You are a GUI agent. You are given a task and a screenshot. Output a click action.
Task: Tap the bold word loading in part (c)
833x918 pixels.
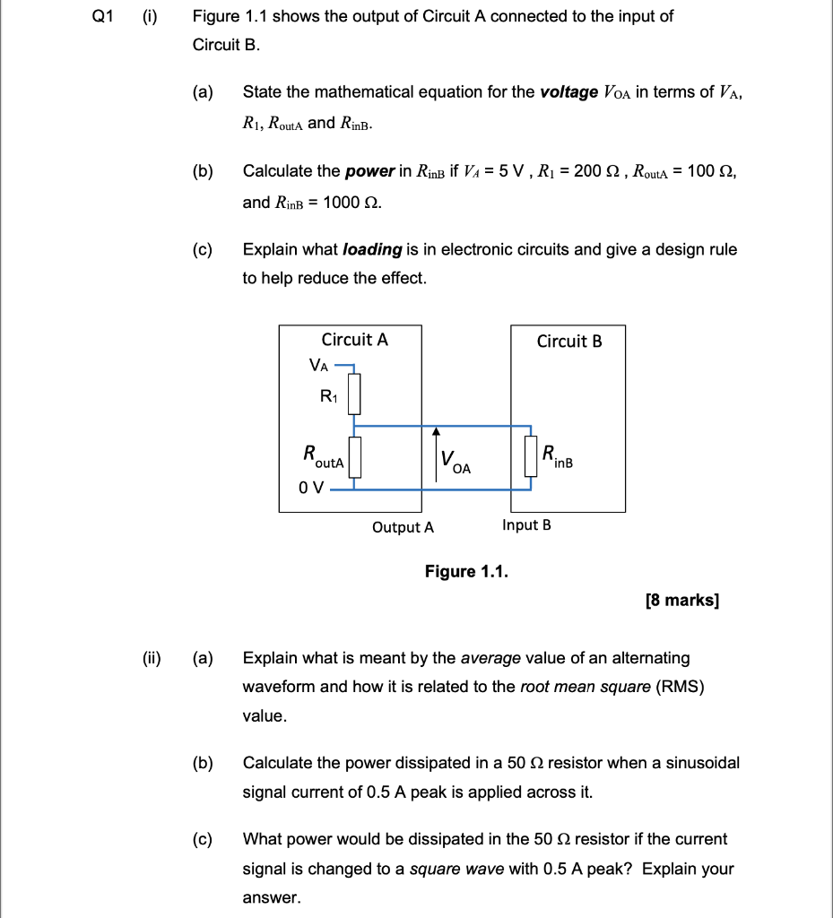[372, 249]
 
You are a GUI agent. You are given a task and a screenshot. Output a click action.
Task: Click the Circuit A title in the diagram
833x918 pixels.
[355, 340]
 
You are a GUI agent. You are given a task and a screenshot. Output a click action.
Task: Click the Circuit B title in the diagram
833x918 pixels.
[569, 341]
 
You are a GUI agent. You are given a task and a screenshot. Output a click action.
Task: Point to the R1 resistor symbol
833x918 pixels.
[354, 394]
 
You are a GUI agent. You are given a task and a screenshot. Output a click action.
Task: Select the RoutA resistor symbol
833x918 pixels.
[354, 457]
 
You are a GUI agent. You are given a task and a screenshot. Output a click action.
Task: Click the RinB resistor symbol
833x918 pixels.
[530, 457]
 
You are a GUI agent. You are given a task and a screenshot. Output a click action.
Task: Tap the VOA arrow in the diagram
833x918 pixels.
[437, 457]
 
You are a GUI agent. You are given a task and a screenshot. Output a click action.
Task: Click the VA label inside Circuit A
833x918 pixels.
[318, 364]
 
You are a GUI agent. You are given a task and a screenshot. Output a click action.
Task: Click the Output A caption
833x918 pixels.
[403, 527]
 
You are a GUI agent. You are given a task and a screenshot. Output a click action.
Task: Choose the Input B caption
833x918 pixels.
[526, 525]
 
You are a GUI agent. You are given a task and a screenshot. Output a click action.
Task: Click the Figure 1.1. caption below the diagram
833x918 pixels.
[466, 572]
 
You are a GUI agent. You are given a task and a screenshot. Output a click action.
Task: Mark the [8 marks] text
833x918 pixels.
[681, 600]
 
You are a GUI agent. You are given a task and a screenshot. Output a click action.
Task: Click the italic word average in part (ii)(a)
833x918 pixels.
[490, 659]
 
